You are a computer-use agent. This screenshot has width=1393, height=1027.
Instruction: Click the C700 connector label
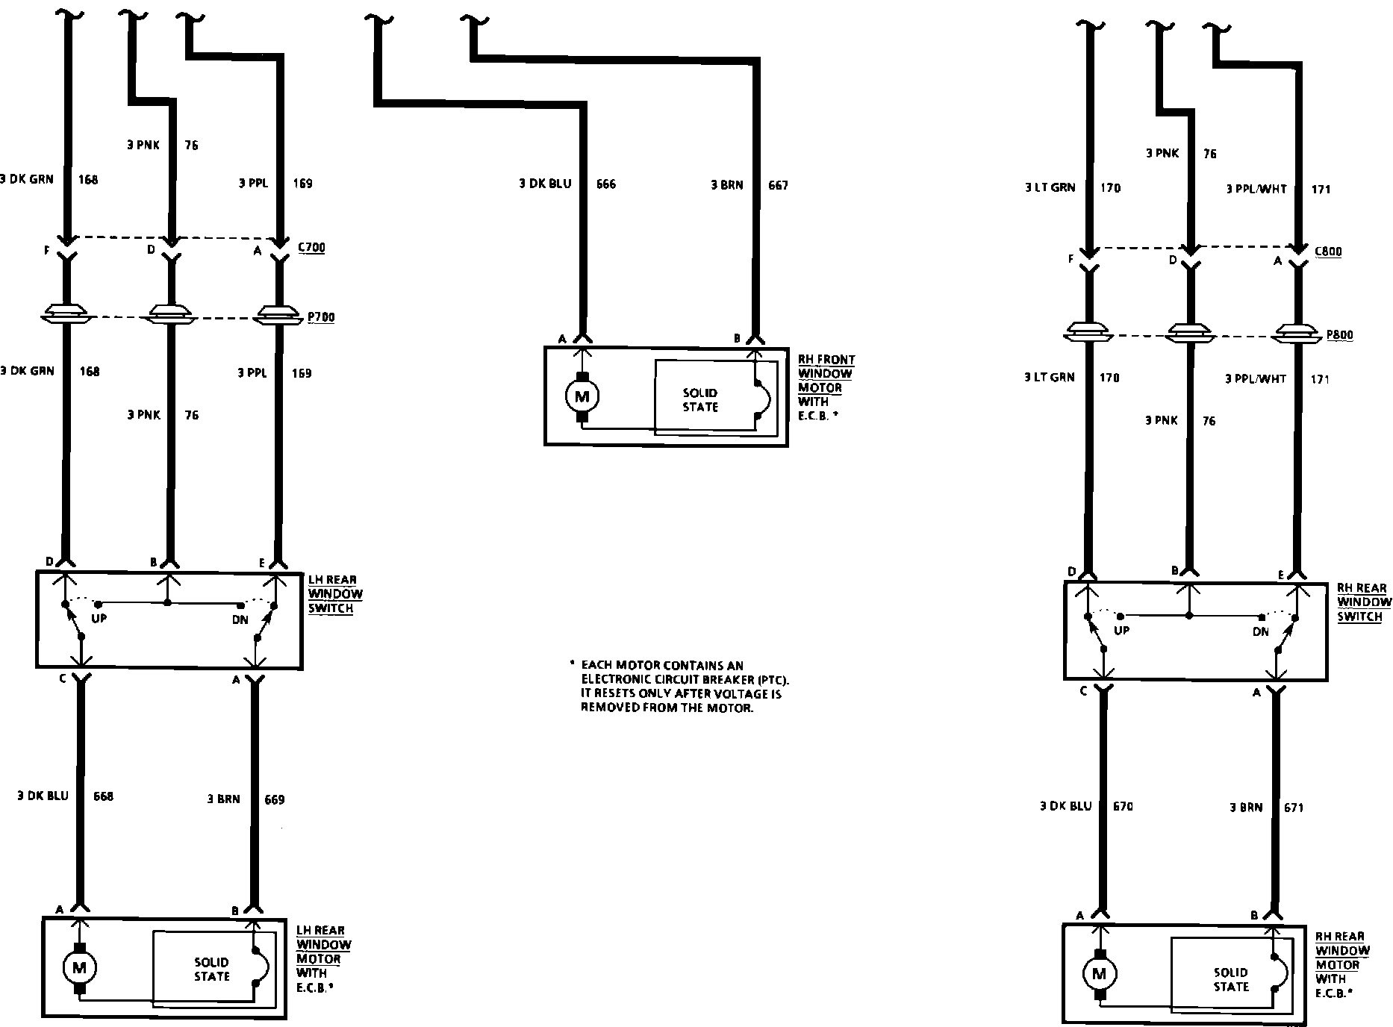click(311, 248)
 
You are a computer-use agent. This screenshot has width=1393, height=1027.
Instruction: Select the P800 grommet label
click(1339, 335)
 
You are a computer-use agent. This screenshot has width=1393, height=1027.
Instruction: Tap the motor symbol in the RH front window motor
click(582, 396)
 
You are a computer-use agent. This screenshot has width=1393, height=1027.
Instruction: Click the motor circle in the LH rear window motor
click(78, 968)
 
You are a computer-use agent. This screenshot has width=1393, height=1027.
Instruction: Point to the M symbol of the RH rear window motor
click(1098, 973)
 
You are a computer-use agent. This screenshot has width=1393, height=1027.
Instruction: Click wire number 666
click(606, 184)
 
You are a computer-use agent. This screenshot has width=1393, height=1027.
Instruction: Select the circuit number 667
click(778, 185)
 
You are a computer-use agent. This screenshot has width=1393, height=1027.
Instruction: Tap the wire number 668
click(103, 796)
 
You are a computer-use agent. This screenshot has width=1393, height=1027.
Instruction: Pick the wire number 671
click(1294, 808)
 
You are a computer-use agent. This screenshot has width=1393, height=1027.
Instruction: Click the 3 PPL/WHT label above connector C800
click(1256, 190)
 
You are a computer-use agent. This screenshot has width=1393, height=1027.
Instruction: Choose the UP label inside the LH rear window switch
click(99, 619)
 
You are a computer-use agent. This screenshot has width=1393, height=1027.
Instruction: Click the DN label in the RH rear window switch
click(1260, 631)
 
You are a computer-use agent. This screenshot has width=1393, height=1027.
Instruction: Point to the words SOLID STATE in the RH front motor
click(699, 400)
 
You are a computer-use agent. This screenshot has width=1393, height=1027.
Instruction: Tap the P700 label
click(321, 317)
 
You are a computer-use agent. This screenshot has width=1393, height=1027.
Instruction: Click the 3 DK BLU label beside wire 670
click(1065, 806)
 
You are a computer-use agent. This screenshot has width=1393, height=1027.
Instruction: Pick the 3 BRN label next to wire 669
click(224, 799)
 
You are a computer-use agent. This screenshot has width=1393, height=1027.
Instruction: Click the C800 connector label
click(1328, 252)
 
